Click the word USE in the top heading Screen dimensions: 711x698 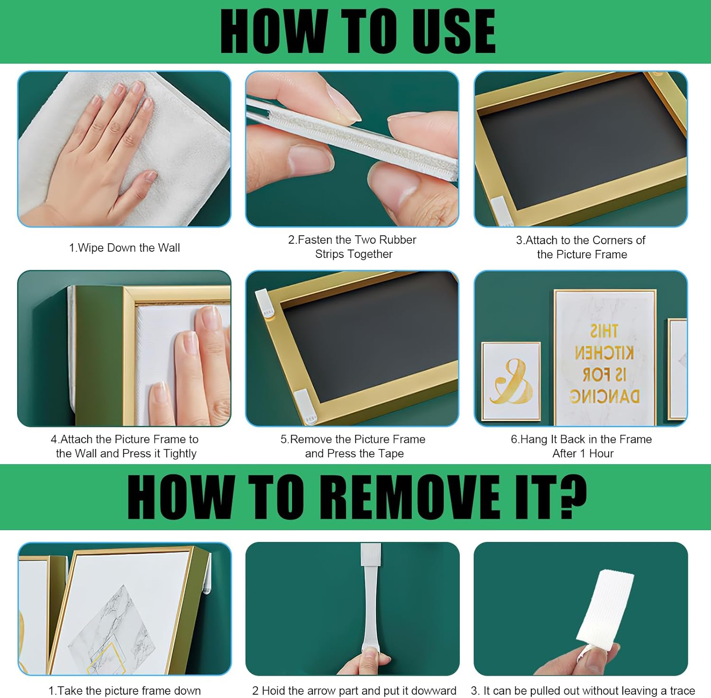click(453, 31)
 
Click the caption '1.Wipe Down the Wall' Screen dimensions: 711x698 click(125, 248)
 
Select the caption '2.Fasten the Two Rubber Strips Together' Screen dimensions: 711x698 click(353, 247)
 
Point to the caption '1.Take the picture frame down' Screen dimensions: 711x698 click(125, 690)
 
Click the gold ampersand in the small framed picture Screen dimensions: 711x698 click(510, 381)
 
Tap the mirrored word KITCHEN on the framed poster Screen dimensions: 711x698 click(604, 353)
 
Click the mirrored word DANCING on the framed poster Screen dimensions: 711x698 click(604, 396)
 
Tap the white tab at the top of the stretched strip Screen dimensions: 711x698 click(371, 555)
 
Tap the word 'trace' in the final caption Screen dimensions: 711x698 click(682, 690)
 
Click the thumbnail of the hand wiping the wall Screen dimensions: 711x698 click(124, 149)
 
